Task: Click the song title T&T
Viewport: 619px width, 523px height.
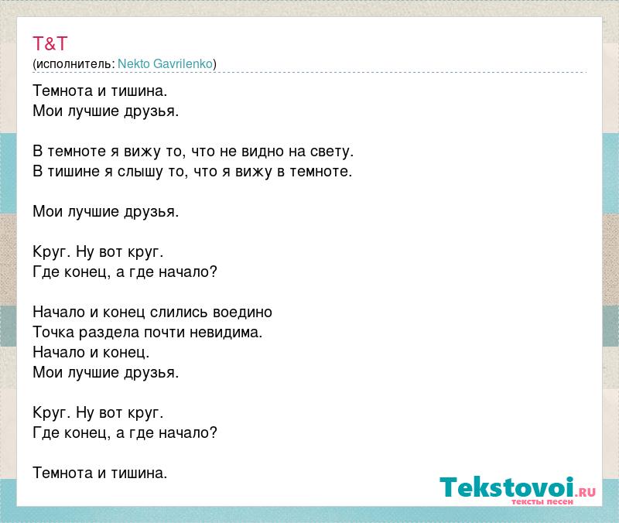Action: pyautogui.click(x=50, y=43)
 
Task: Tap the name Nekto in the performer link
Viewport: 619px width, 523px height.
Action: pyautogui.click(x=133, y=63)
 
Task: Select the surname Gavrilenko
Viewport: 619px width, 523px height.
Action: pyautogui.click(x=183, y=63)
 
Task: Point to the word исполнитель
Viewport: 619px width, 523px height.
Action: pyautogui.click(x=74, y=64)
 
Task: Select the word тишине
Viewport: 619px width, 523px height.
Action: pyautogui.click(x=74, y=172)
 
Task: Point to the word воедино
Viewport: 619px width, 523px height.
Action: pyautogui.click(x=242, y=313)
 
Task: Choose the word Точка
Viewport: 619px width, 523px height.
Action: pyautogui.click(x=53, y=332)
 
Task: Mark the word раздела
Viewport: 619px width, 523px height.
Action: pyautogui.click(x=109, y=333)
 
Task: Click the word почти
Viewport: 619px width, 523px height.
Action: pyautogui.click(x=164, y=333)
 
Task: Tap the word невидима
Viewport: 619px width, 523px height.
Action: pyautogui.click(x=226, y=333)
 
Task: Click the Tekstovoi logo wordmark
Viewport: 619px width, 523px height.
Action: pyautogui.click(x=507, y=487)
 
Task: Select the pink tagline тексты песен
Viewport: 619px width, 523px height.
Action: pyautogui.click(x=542, y=501)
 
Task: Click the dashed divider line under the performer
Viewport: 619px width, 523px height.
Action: pyautogui.click(x=310, y=72)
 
